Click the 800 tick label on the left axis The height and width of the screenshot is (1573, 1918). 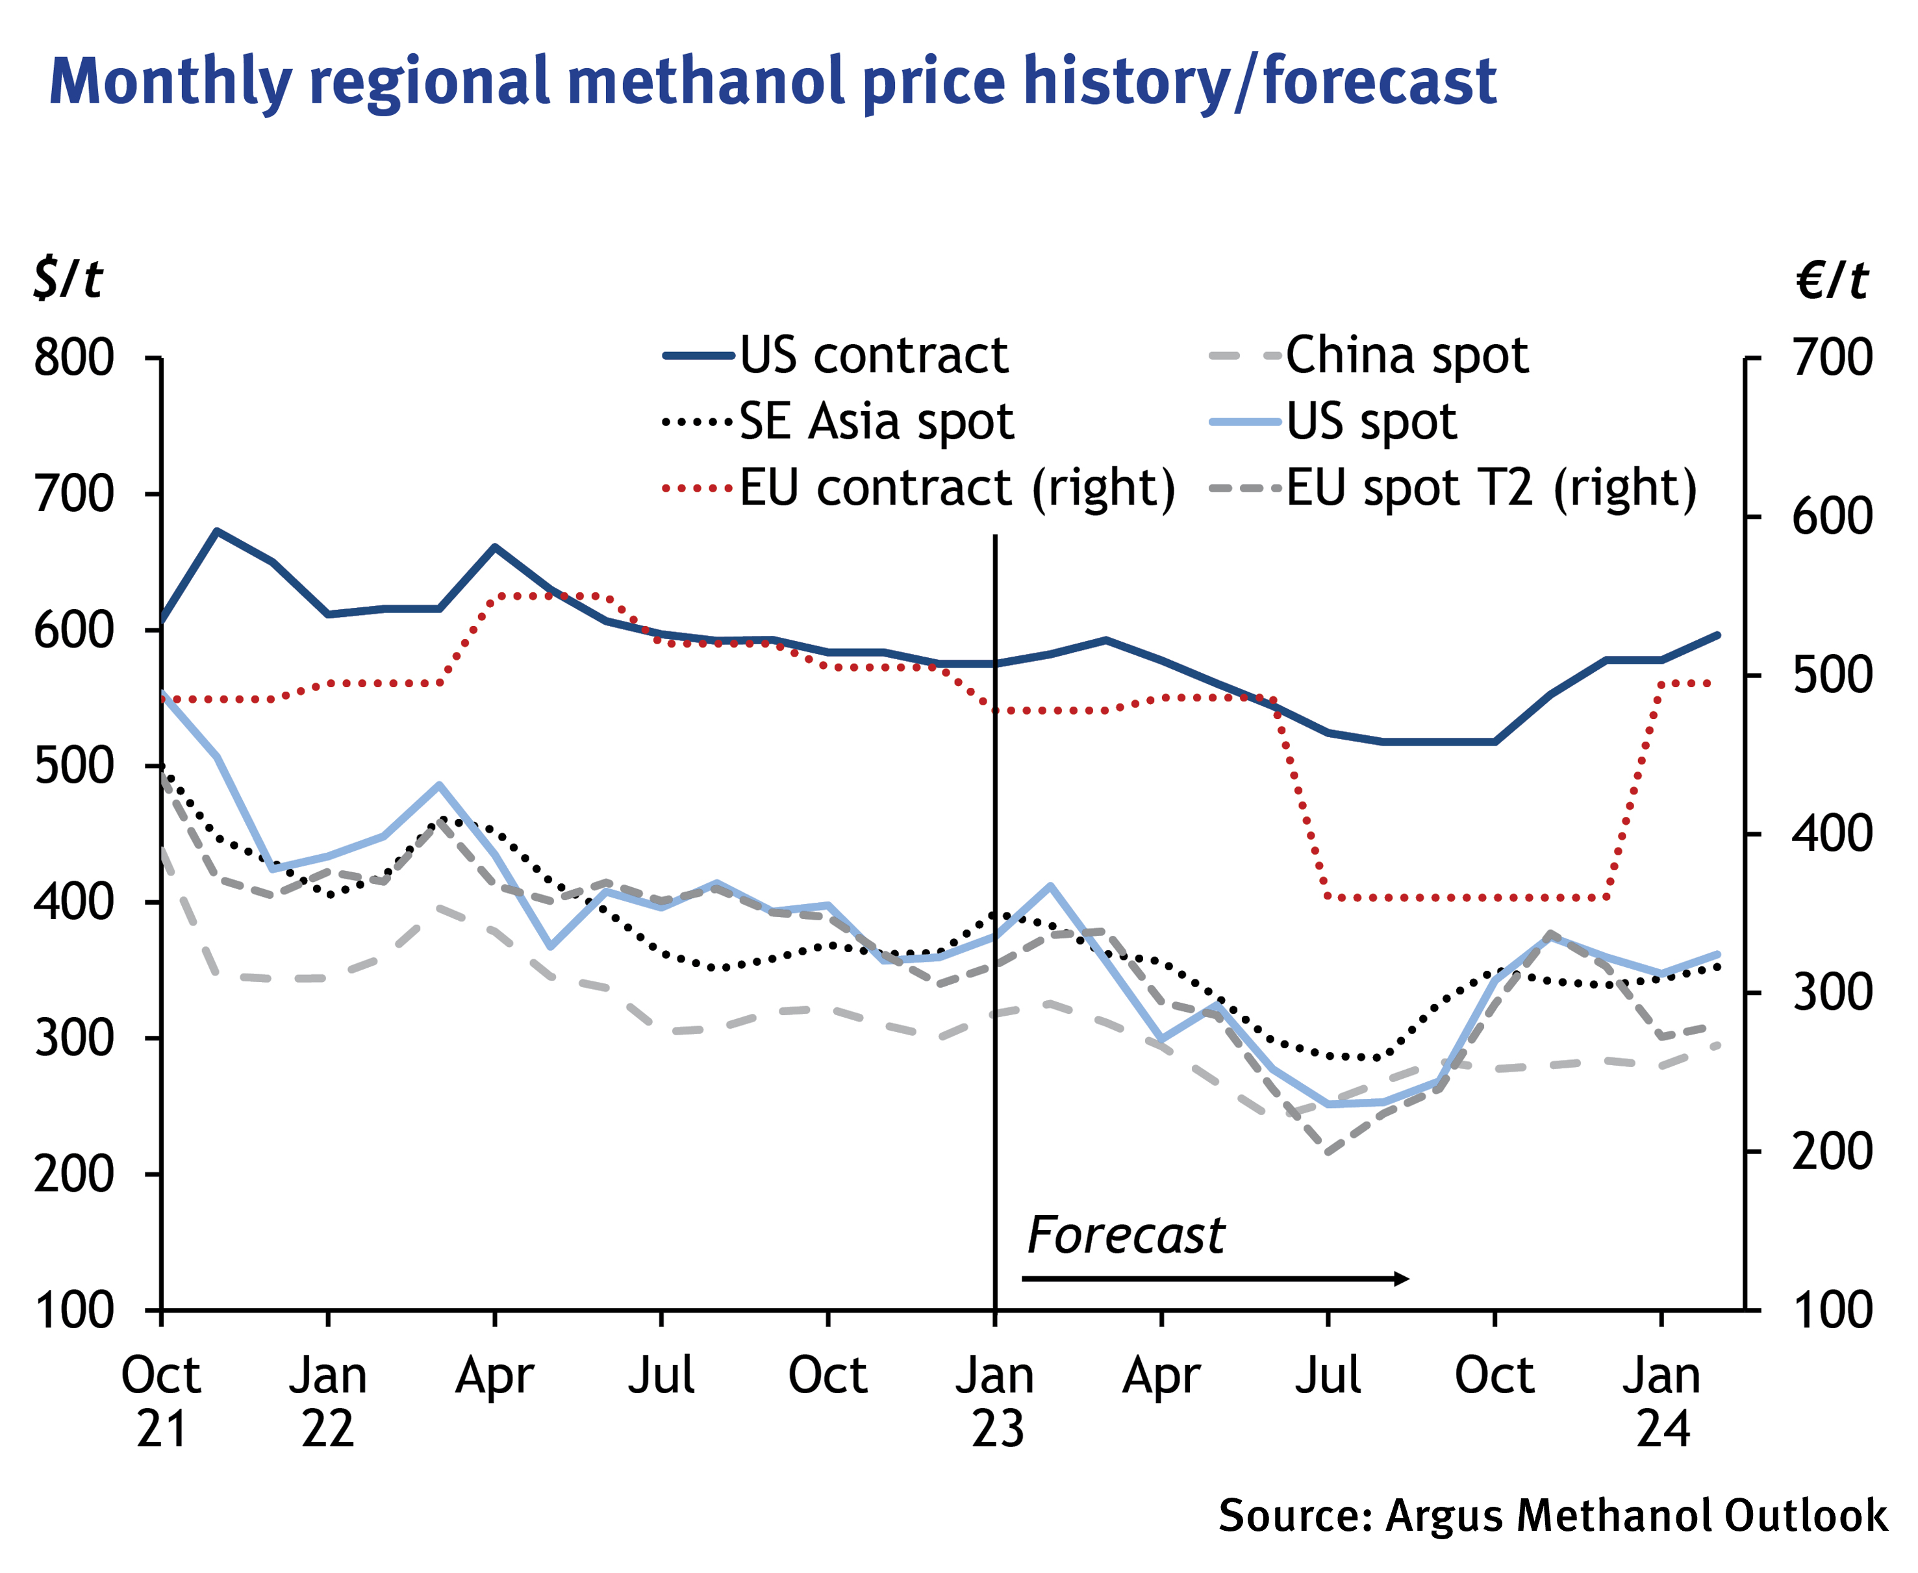[74, 358]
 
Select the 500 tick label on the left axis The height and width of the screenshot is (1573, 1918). [74, 766]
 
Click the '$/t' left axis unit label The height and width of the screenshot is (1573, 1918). [68, 278]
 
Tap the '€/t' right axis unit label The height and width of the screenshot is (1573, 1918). [1832, 280]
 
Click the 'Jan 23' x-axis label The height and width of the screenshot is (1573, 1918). [996, 1402]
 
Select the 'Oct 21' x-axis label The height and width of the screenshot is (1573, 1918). [161, 1402]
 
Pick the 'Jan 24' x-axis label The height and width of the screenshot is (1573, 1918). [1661, 1402]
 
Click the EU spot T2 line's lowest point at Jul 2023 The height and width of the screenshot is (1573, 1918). [1328, 1153]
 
